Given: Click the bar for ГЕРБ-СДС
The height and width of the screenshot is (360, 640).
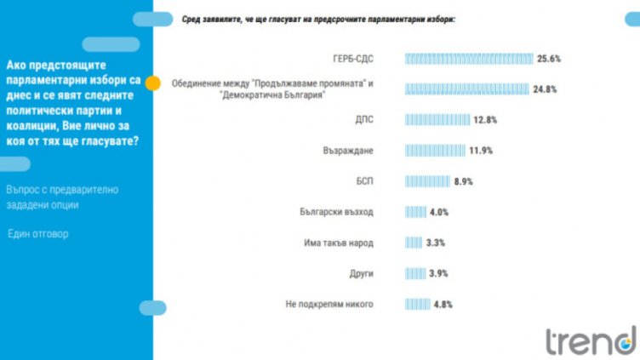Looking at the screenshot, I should click(x=468, y=59).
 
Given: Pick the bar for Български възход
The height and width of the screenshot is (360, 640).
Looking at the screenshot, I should click(x=414, y=212).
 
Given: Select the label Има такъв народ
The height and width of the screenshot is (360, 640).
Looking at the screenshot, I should click(x=339, y=243).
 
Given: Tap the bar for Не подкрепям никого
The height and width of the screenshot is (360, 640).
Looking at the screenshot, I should click(x=417, y=304).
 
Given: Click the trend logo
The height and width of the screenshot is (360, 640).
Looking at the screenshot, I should click(x=590, y=340).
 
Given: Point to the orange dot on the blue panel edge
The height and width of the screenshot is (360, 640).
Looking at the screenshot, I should click(x=153, y=83).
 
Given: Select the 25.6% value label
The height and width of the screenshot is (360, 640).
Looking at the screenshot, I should click(x=549, y=59).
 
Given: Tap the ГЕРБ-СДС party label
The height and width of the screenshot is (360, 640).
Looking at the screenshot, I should click(x=353, y=59).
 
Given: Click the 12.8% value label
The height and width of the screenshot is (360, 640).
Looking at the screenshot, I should click(x=485, y=120).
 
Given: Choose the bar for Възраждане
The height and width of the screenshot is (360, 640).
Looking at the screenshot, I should click(x=434, y=151).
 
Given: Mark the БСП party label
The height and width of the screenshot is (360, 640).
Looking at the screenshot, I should click(x=363, y=181).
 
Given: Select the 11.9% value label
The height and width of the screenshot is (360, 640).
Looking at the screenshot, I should click(x=481, y=151).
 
